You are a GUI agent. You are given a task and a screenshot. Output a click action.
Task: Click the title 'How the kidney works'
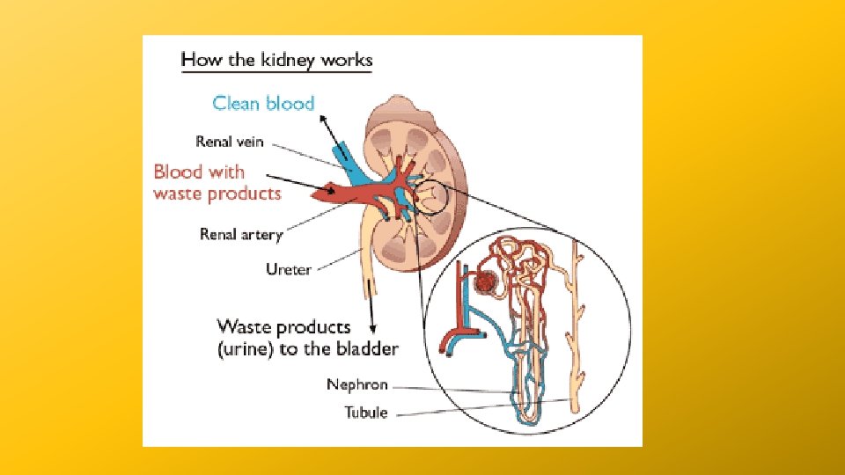pyautogui.click(x=276, y=61)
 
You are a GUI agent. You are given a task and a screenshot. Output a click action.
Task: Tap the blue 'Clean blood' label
pyautogui.click(x=263, y=104)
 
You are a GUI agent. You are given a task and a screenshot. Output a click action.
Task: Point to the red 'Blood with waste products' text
pyautogui.click(x=217, y=182)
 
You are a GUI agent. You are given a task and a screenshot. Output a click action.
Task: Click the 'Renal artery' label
pyautogui.click(x=241, y=234)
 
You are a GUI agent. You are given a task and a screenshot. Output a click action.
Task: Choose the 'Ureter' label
pyautogui.click(x=288, y=269)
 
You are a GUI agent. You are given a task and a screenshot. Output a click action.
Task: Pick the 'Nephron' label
pyautogui.click(x=357, y=384)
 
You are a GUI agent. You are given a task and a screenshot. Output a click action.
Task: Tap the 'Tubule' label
pyautogui.click(x=365, y=412)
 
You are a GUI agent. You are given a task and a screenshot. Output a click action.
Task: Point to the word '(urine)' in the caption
pyautogui.click(x=246, y=348)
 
